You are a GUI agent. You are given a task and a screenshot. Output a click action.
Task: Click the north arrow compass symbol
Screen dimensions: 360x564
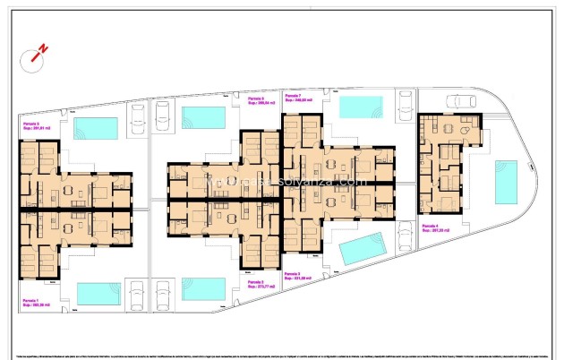[x=37, y=56]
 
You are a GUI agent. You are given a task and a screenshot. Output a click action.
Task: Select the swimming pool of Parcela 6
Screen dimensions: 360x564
[x=203, y=117]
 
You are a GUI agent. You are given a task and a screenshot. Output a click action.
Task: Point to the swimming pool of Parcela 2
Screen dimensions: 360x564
[x=203, y=287]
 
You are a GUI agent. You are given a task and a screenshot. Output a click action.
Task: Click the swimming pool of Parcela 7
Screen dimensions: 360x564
[x=361, y=107]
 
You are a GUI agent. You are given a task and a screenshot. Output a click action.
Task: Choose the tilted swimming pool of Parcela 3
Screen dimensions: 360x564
[x=362, y=248]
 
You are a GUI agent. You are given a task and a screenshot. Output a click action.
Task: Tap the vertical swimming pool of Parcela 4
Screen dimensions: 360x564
[x=506, y=182]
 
